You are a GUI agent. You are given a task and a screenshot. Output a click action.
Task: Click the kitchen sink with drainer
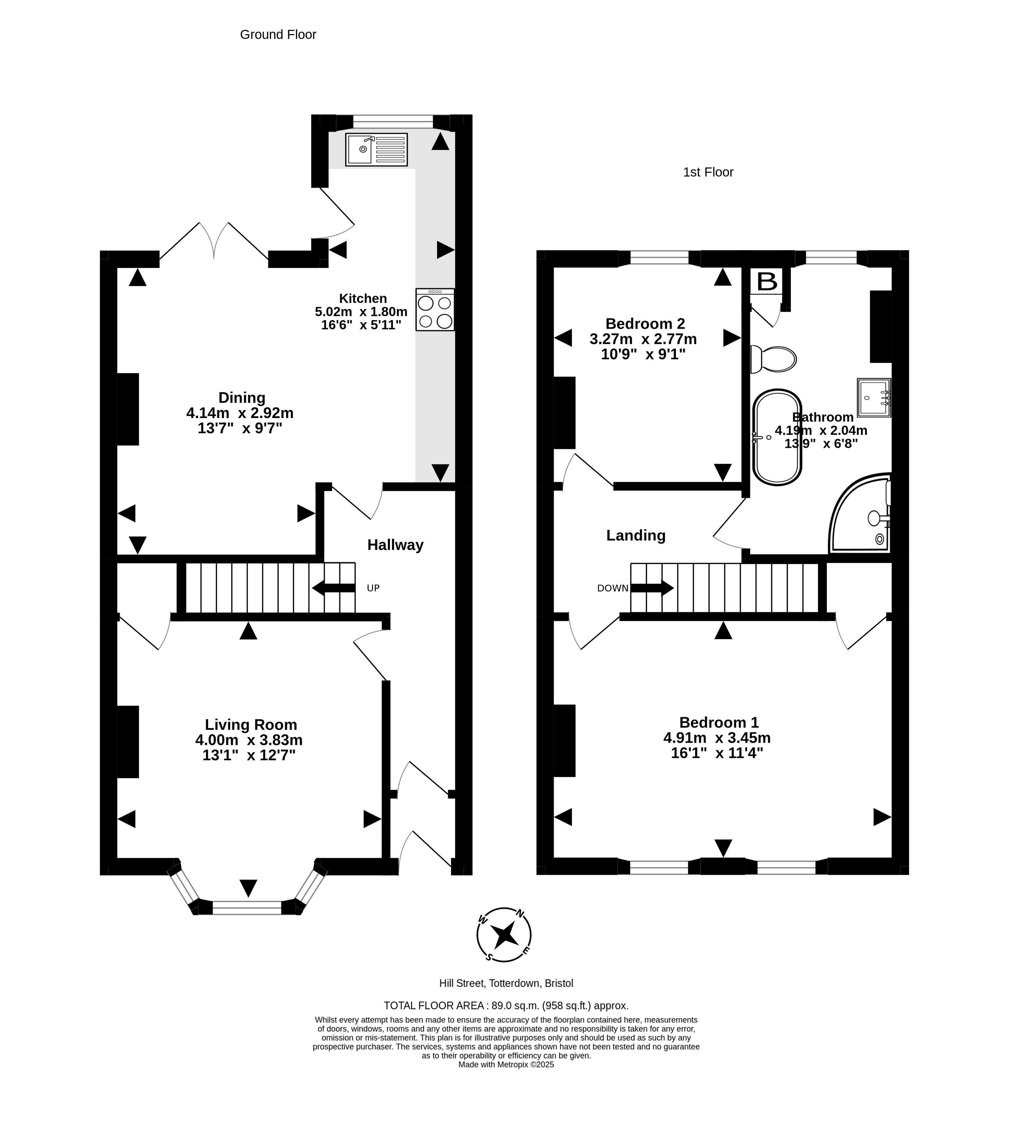point(377,149)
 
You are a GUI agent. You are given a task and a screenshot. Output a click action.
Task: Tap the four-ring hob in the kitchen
point(435,310)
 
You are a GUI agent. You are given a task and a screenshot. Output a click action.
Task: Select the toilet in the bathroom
point(773,359)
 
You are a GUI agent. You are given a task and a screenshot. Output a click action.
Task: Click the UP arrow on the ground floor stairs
point(334,588)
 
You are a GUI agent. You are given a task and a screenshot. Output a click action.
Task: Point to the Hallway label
point(395,545)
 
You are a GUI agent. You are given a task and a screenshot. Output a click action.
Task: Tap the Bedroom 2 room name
point(645,323)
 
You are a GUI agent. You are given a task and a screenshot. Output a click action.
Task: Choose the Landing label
point(636,535)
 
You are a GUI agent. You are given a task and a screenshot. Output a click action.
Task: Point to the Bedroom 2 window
point(659,258)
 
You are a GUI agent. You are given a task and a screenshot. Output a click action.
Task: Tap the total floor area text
point(506,1005)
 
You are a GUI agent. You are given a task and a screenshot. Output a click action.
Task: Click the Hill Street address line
point(506,983)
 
